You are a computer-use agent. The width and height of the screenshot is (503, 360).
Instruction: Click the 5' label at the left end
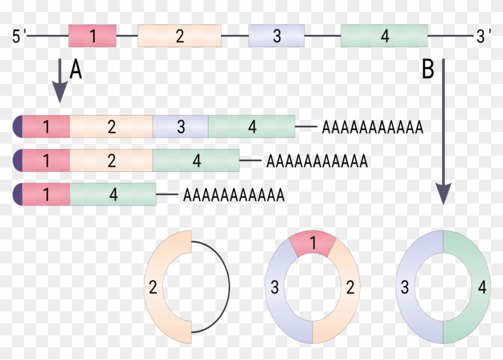click(x=19, y=37)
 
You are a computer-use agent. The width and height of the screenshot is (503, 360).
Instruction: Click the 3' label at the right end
click(x=483, y=37)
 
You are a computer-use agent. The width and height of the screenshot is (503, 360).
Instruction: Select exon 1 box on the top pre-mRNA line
click(x=92, y=36)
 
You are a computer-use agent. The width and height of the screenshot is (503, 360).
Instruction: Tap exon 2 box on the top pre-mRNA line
click(x=180, y=36)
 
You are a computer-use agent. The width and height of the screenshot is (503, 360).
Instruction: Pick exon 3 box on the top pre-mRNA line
click(x=276, y=36)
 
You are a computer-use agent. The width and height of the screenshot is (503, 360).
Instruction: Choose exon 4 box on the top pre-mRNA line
click(x=384, y=36)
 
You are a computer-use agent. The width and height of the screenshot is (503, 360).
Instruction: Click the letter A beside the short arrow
click(x=75, y=71)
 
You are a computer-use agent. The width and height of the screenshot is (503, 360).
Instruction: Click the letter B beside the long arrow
click(x=428, y=71)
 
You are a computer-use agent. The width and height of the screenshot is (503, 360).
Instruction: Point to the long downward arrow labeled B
click(x=443, y=132)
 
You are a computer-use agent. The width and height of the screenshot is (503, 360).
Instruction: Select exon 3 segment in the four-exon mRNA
click(x=180, y=127)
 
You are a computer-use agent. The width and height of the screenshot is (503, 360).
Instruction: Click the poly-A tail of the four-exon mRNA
click(x=372, y=128)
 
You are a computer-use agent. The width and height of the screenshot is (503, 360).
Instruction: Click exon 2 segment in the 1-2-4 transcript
click(x=111, y=161)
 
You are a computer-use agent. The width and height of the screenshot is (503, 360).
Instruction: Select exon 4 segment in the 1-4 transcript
click(x=113, y=195)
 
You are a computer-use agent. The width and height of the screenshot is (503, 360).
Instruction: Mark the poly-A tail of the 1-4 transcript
click(x=234, y=195)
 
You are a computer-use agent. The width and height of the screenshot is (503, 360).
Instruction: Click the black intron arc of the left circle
click(x=228, y=286)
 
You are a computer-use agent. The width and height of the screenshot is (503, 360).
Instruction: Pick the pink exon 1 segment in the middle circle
click(x=311, y=244)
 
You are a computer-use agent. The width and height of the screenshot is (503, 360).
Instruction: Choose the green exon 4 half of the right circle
click(x=473, y=287)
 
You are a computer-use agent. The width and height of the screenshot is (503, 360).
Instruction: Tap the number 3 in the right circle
click(x=405, y=288)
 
